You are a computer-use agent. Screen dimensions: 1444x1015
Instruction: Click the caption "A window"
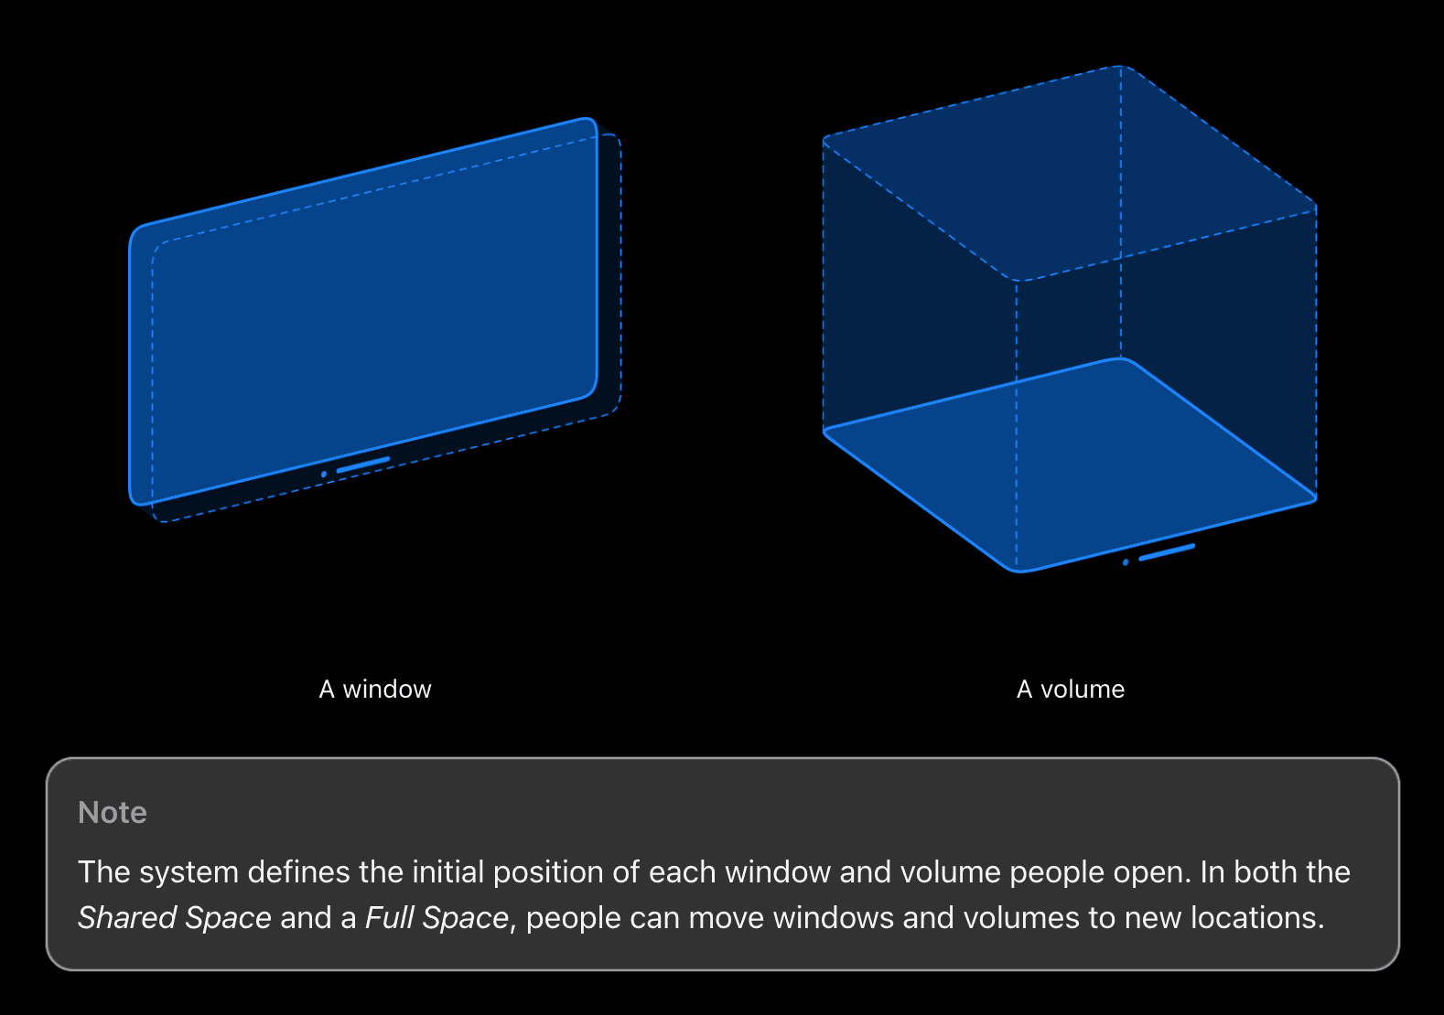point(375,689)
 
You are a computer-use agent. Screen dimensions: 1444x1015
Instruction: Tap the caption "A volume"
point(1071,689)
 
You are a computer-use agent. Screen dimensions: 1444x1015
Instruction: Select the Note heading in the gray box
point(113,812)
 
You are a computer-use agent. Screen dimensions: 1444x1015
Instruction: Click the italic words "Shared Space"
point(175,917)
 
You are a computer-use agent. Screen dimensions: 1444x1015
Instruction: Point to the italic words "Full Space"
point(436,917)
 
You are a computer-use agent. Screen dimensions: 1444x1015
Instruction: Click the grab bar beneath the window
point(363,465)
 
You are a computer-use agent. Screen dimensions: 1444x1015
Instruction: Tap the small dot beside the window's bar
point(324,475)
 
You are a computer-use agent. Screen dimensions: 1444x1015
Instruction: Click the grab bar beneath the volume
point(1167,551)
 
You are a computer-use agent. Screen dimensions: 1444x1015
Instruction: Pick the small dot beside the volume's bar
point(1126,562)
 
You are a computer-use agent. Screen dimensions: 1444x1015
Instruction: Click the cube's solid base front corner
point(1018,569)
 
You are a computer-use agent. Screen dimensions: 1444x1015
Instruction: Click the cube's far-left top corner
point(824,140)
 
